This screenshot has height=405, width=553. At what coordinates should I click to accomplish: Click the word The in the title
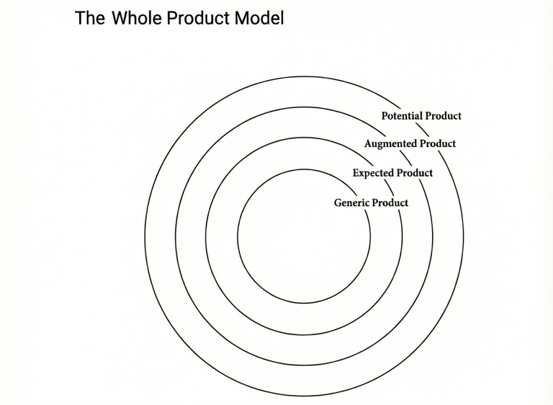tap(90, 18)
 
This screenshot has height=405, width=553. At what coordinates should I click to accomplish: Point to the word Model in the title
tap(260, 18)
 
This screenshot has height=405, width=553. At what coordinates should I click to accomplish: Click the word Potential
tap(402, 115)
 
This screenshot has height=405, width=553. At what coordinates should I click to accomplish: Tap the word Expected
tap(372, 173)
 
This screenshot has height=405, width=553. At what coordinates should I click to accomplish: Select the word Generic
tap(351, 202)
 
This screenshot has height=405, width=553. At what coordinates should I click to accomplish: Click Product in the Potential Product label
tap(444, 115)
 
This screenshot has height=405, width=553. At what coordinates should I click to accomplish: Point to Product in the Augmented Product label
tap(438, 143)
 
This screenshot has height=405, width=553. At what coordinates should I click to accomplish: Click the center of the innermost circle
tap(304, 236)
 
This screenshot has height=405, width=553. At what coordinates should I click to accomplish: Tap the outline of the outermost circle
tap(145, 236)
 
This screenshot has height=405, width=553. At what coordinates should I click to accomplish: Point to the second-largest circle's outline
tap(176, 236)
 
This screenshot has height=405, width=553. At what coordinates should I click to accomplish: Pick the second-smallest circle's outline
tap(206, 236)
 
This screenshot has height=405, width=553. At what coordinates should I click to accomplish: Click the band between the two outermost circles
tap(160, 236)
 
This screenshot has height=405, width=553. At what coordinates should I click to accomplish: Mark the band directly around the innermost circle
tap(222, 236)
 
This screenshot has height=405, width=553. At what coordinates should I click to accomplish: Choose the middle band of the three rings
tap(191, 236)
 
